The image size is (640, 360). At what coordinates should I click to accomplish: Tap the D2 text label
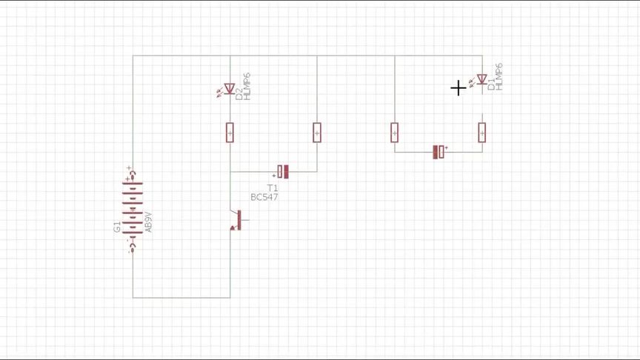(239, 90)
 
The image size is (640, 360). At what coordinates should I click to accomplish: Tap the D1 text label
(491, 85)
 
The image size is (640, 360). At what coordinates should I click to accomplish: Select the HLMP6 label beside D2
(247, 87)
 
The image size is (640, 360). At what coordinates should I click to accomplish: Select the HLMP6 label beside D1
(499, 77)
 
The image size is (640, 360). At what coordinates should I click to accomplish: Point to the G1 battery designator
(117, 227)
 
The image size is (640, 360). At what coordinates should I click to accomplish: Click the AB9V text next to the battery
(149, 222)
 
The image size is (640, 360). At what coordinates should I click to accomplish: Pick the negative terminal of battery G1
(131, 247)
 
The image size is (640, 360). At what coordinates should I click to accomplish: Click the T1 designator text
(273, 188)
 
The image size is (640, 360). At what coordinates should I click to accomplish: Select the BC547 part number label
(264, 197)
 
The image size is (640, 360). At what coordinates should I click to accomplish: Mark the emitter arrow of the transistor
(233, 227)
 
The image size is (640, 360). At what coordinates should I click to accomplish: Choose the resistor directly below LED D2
(230, 133)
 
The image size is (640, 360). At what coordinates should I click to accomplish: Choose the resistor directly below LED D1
(482, 133)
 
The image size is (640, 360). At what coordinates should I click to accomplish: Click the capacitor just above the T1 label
(283, 172)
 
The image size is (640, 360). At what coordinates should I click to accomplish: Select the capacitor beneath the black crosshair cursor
(439, 152)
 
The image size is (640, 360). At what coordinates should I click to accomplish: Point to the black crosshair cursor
(459, 88)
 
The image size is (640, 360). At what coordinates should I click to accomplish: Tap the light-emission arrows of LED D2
(220, 91)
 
